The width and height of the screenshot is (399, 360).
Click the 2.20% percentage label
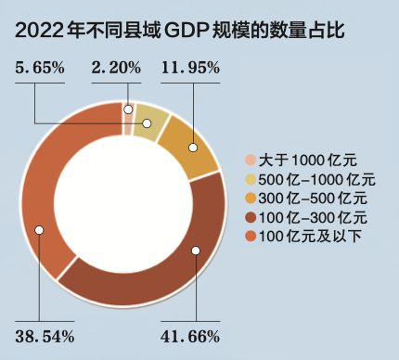tap(116, 67)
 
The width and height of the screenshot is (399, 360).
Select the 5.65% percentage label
tap(40, 67)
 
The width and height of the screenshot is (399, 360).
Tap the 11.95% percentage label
tap(190, 67)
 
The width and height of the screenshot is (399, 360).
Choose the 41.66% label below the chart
tap(190, 334)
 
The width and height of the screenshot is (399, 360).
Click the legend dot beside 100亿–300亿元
tap(250, 217)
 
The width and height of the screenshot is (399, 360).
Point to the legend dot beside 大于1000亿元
tap(250, 159)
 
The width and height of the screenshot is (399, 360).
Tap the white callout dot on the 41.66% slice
tap(195, 251)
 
